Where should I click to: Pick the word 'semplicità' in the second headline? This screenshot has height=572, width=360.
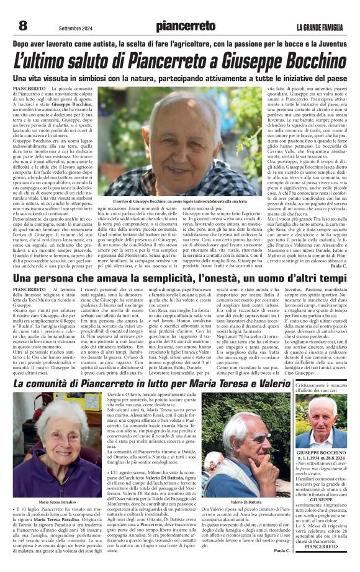184,279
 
